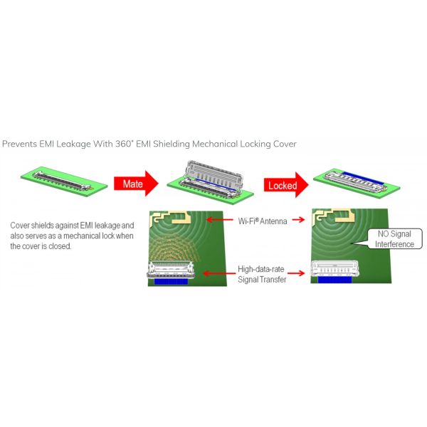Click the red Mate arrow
[x=136, y=184]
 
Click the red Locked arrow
[x=286, y=185]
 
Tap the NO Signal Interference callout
[x=392, y=239]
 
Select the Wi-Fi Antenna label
[x=263, y=221]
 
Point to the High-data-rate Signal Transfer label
[x=262, y=274]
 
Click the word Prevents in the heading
[x=19, y=144]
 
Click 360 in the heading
[x=124, y=144]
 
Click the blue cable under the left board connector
[x=171, y=282]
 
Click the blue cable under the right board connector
[x=334, y=280]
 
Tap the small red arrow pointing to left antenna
[x=220, y=219]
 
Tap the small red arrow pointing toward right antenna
[x=298, y=219]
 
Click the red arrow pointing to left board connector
[x=219, y=273]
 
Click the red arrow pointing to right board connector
[x=296, y=273]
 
